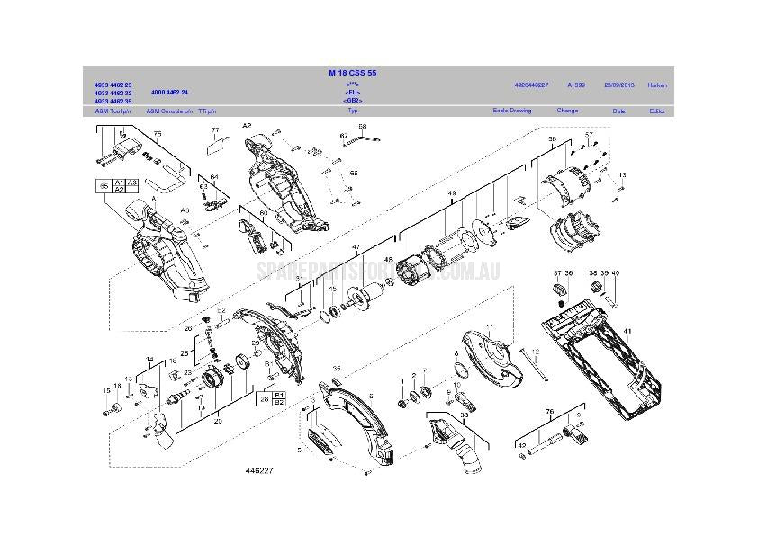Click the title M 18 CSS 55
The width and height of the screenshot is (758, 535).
pos(352,72)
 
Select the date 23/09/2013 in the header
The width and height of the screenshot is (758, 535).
pos(618,85)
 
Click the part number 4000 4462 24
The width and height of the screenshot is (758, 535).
pos(170,93)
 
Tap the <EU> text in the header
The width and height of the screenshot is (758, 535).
pos(352,93)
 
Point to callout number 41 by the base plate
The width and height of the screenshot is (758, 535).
pos(627,332)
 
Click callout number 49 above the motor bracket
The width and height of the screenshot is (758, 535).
pos(452,193)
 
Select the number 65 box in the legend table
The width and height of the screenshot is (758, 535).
pos(104,186)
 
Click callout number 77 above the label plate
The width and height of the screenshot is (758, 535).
pos(214,131)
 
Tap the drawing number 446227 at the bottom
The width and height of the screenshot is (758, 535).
pos(259,470)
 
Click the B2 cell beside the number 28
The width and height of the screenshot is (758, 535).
pos(279,402)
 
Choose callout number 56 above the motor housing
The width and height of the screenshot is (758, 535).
pos(553,139)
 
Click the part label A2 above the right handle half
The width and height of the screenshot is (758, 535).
pos(247,127)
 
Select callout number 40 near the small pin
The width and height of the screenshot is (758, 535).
pos(615,272)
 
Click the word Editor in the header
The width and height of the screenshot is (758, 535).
pos(657,111)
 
